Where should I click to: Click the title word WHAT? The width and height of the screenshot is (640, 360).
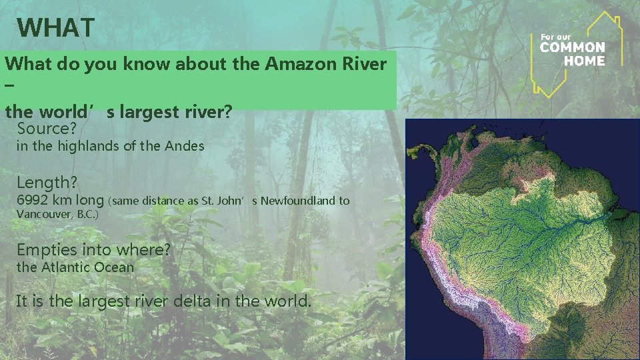point(57,28)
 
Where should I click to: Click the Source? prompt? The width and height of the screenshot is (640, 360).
point(45,128)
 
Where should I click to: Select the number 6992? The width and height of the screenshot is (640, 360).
point(34,200)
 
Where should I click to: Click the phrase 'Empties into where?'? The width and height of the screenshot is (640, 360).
point(93,250)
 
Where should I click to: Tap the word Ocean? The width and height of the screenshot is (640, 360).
point(114,267)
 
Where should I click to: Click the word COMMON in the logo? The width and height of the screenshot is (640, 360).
point(573,47)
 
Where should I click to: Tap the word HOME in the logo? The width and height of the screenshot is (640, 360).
point(584,60)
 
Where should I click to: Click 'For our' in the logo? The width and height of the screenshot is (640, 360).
point(555,36)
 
